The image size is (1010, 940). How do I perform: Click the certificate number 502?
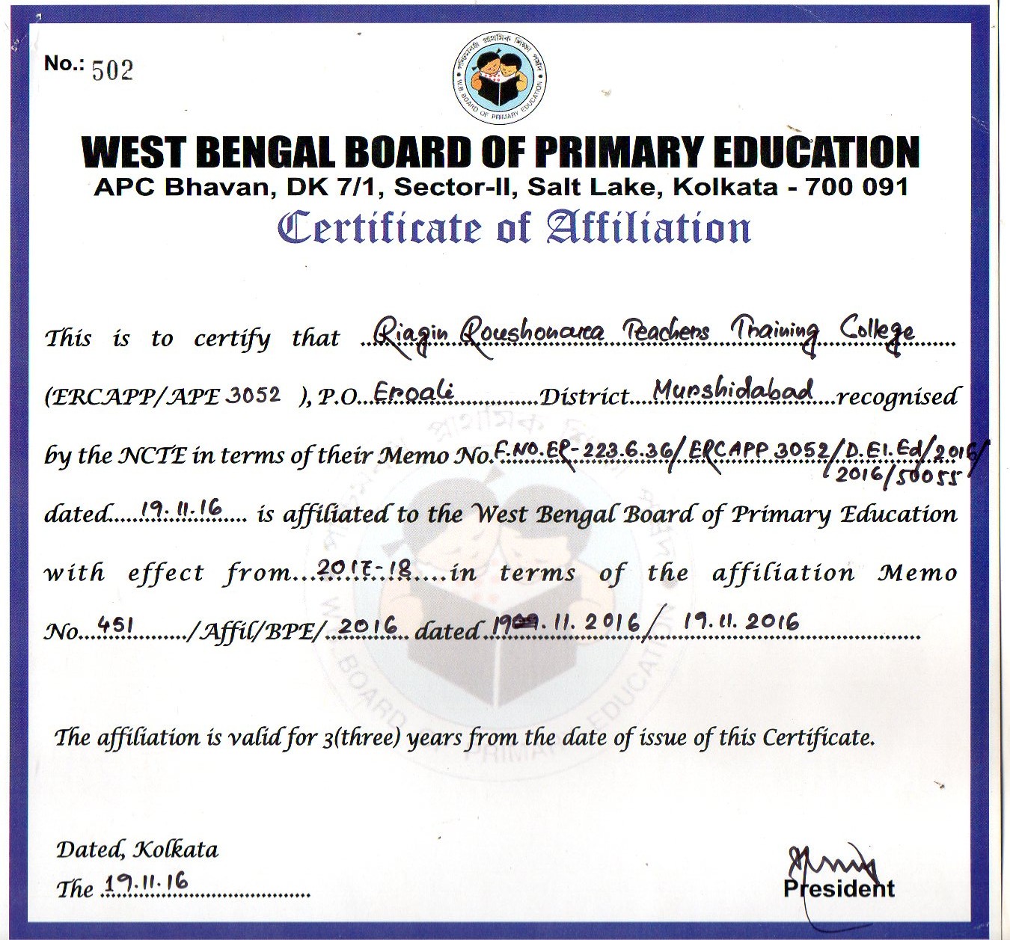(x=112, y=70)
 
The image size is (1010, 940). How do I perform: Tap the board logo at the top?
(x=501, y=77)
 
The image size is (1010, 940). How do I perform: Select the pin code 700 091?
(x=857, y=186)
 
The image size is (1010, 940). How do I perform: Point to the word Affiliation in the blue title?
(x=648, y=228)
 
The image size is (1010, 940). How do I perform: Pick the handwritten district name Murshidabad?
(x=732, y=390)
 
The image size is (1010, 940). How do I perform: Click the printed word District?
(x=584, y=396)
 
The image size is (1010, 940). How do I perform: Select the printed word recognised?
(x=898, y=396)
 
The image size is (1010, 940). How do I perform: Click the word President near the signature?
(x=839, y=888)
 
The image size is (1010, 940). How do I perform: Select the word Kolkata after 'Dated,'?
(x=176, y=850)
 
